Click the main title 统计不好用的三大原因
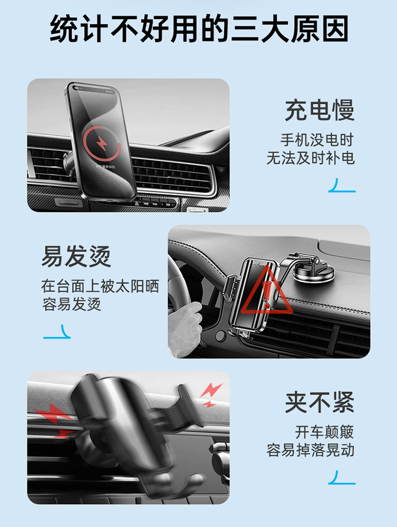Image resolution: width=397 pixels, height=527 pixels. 199,29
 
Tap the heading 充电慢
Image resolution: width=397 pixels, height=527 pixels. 320,110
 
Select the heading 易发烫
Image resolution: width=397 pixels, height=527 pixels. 76,256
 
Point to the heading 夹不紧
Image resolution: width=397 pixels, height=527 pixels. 320,403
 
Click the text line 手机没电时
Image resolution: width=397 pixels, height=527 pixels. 318,140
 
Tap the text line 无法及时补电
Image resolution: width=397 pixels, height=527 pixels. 311,158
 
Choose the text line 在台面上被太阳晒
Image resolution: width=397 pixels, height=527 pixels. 100,287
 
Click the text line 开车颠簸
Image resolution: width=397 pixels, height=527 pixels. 325,432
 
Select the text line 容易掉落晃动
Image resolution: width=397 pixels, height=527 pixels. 311,450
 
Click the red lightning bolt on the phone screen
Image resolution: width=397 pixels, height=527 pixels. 102,144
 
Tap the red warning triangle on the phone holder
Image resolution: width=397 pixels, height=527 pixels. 266,291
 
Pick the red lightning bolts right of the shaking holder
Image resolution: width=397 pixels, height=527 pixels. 210,395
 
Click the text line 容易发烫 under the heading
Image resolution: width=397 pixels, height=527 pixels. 71,305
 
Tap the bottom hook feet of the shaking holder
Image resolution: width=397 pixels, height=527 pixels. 175,484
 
